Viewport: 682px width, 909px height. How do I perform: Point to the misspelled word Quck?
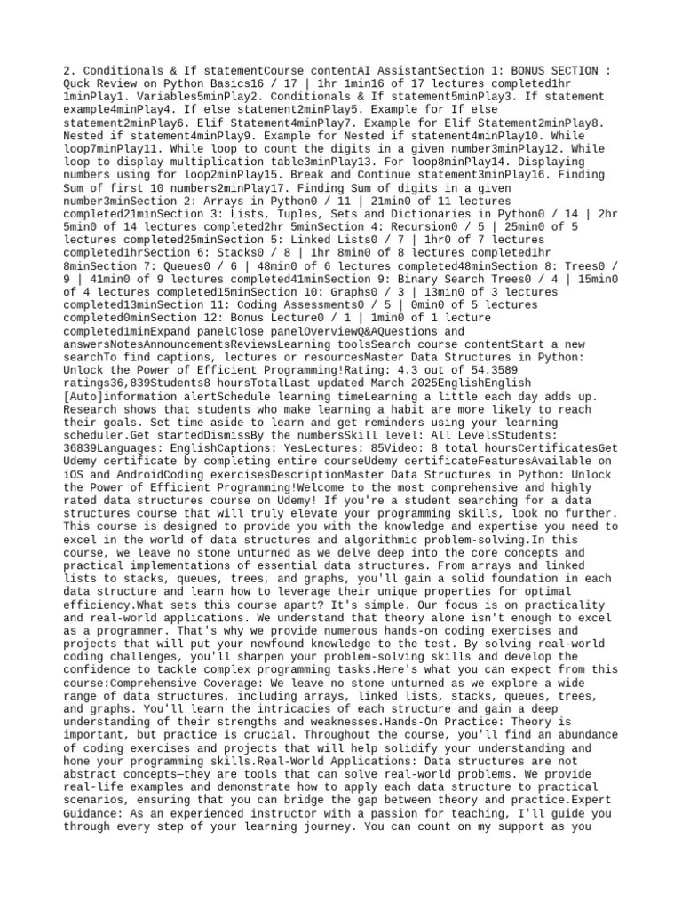click(x=82, y=83)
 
